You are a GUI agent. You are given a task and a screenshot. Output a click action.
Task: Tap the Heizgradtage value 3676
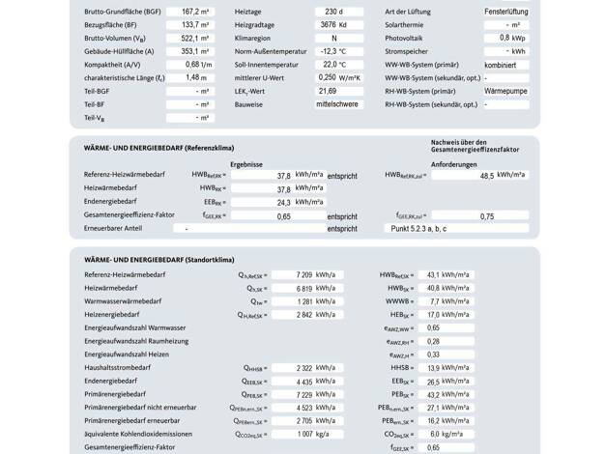[x=328, y=24]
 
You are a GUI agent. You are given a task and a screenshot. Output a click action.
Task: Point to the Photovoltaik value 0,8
[x=504, y=38]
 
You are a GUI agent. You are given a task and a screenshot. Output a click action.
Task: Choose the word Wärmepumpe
[x=505, y=91]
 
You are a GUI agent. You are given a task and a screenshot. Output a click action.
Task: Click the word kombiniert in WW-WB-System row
[x=502, y=64]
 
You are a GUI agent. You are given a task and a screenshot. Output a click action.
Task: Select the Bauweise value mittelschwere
[x=337, y=103]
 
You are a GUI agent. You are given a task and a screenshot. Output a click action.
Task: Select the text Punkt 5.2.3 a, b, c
[x=418, y=228]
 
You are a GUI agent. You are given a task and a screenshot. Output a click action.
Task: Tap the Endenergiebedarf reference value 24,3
[x=283, y=203]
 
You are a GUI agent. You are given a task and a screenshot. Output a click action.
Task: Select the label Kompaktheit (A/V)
[x=119, y=64]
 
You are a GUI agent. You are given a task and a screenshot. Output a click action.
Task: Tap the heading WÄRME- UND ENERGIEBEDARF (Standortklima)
[x=159, y=260]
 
